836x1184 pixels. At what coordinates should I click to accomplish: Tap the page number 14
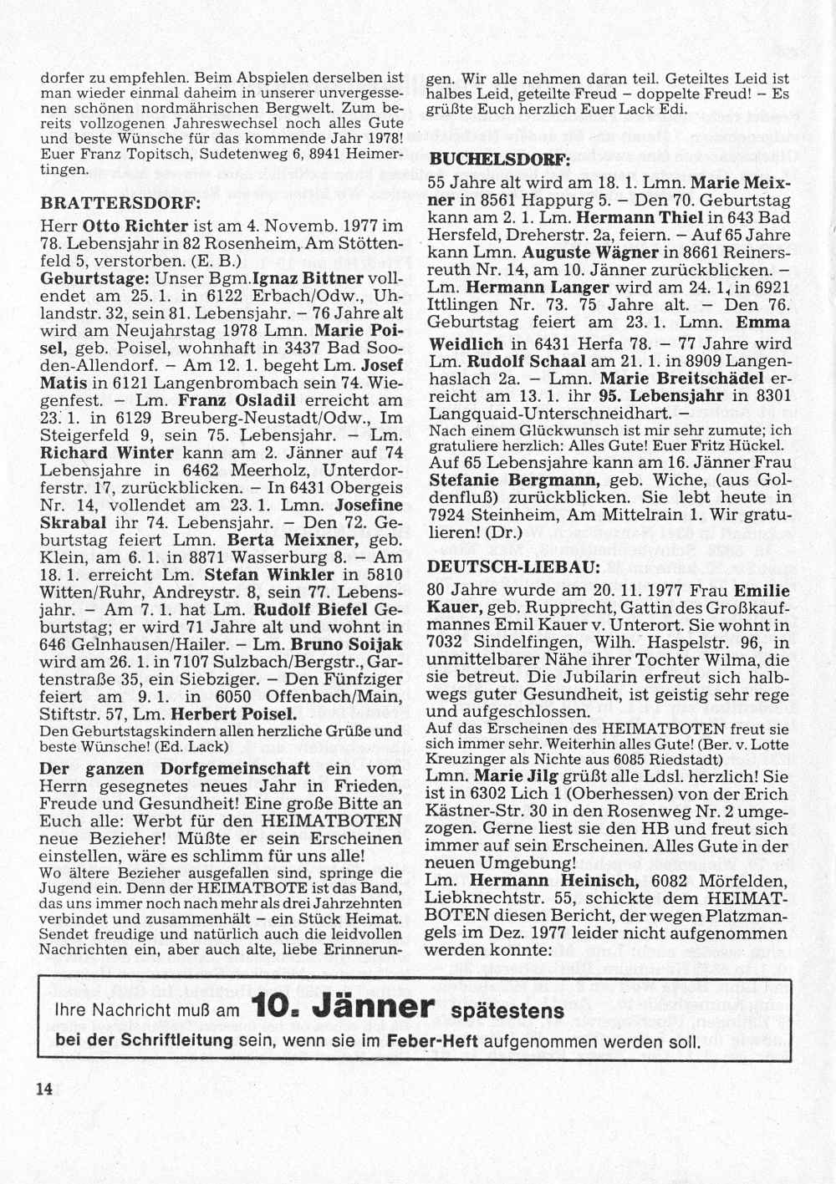(x=43, y=1088)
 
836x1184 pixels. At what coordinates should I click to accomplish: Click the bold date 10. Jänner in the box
(x=345, y=1007)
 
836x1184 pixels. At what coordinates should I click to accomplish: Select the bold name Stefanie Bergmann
(x=513, y=480)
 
